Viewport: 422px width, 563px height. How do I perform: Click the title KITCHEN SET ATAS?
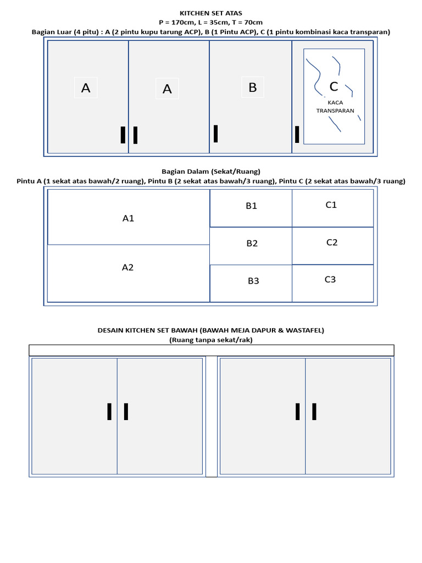click(x=211, y=13)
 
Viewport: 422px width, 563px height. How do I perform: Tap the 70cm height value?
click(x=252, y=23)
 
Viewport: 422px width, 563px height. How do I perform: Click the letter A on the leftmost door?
click(x=86, y=88)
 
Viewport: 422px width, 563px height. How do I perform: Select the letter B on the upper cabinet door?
click(x=253, y=87)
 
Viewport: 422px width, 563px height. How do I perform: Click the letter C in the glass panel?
click(x=334, y=87)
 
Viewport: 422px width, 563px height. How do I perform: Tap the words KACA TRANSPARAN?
click(x=335, y=107)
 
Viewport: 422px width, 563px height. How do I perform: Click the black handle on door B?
click(x=216, y=134)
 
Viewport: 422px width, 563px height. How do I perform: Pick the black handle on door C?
click(x=297, y=134)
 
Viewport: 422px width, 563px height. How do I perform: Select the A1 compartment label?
click(x=128, y=218)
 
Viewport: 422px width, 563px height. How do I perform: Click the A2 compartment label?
click(x=127, y=268)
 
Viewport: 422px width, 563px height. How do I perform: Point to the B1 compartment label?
click(x=252, y=206)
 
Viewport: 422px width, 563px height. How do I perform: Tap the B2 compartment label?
click(x=252, y=244)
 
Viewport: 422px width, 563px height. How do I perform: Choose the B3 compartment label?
click(x=253, y=281)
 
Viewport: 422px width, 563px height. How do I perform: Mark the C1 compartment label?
click(x=331, y=205)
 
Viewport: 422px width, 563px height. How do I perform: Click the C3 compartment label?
click(x=330, y=279)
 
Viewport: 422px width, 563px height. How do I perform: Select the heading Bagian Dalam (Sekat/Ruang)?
click(x=211, y=171)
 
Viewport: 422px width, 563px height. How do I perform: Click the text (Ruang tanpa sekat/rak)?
click(x=211, y=340)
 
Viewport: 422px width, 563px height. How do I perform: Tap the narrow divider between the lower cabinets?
click(x=212, y=416)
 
